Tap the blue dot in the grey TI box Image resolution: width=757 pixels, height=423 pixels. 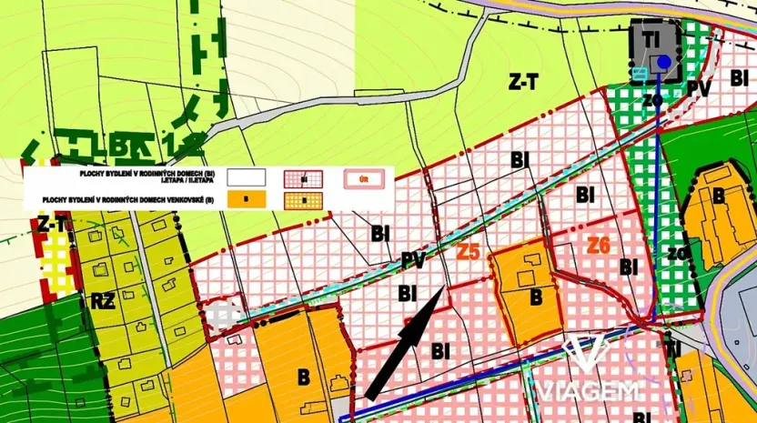coord(664,62)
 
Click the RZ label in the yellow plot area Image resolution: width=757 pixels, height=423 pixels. coord(102,300)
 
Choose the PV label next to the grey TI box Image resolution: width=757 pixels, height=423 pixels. coord(699,88)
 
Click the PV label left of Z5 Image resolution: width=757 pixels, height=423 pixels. coord(413,261)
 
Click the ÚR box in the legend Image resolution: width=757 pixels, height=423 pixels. coord(365,177)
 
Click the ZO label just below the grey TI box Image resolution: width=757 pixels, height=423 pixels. coord(651,100)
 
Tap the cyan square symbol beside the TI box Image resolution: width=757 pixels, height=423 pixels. coord(641,70)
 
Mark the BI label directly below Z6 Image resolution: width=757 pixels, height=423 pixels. coord(628,267)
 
